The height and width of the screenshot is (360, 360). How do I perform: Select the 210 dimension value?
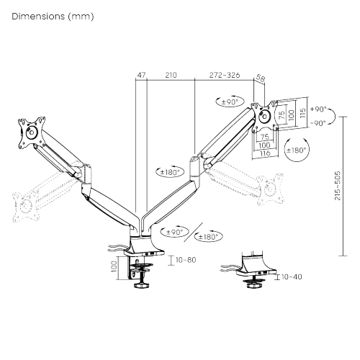point(171,74)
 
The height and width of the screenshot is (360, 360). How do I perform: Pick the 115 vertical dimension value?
point(302,114)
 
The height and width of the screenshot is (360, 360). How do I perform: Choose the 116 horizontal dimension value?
point(265,153)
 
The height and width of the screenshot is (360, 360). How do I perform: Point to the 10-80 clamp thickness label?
point(184,259)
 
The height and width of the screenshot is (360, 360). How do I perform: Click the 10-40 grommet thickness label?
point(292,276)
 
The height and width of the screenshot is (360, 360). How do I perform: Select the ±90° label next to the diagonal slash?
point(174,232)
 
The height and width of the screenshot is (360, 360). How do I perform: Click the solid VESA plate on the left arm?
point(30,131)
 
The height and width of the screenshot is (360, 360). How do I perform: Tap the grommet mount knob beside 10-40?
point(253,286)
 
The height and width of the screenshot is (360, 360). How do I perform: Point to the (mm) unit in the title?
point(81,15)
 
